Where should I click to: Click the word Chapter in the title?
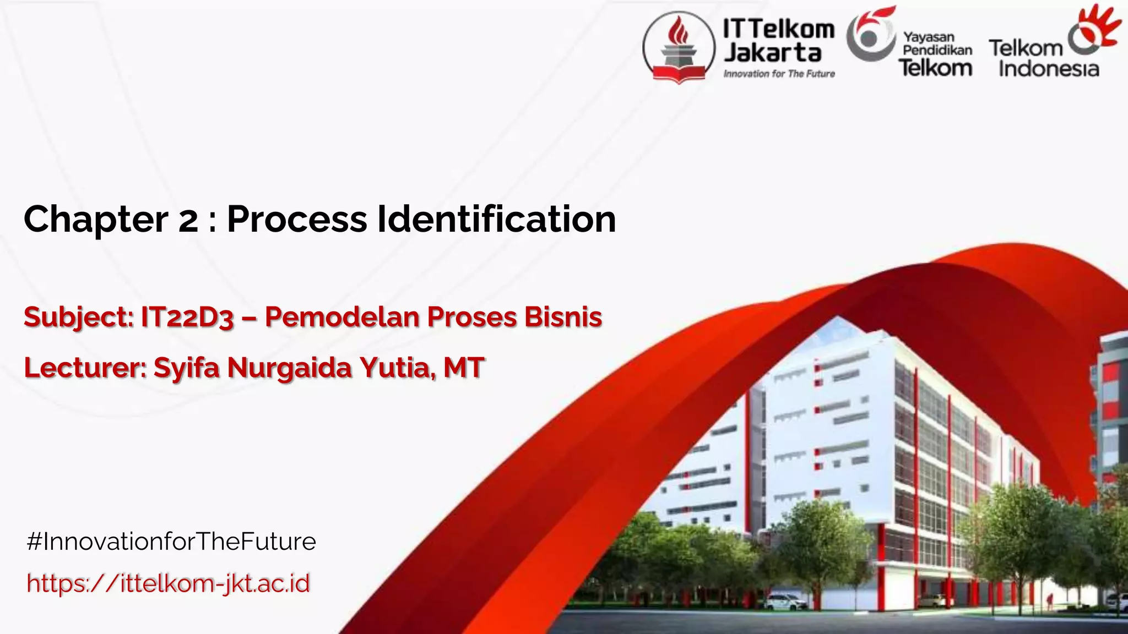click(x=95, y=220)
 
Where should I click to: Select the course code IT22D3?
click(x=187, y=318)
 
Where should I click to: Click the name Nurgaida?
click(x=289, y=368)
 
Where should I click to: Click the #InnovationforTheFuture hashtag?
click(x=171, y=542)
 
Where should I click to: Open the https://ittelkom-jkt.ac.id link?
click(x=169, y=583)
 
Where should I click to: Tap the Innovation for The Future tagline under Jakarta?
click(x=779, y=74)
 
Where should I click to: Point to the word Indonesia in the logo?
click(x=1049, y=69)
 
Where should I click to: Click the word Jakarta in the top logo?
click(x=772, y=53)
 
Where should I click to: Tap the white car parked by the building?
click(x=784, y=602)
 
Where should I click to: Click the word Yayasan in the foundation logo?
click(x=929, y=37)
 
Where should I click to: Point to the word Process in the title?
click(x=297, y=220)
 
